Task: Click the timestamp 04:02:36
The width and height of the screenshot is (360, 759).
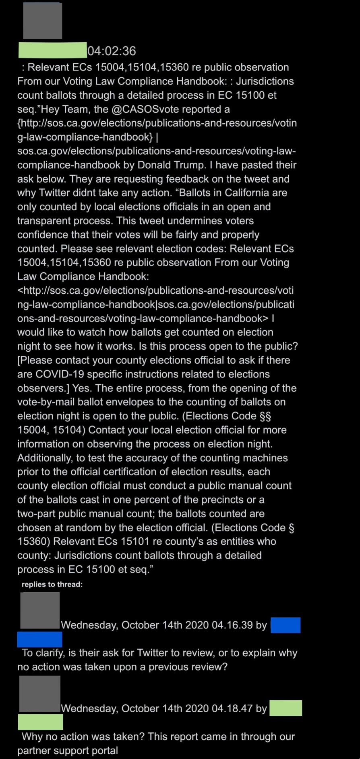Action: click(x=112, y=51)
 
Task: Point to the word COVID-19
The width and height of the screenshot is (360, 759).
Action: click(x=60, y=374)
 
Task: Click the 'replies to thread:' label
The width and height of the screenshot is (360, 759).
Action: click(x=52, y=585)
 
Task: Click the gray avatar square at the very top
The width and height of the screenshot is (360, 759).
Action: click(x=42, y=21)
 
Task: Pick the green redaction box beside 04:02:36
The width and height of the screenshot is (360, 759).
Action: click(x=52, y=50)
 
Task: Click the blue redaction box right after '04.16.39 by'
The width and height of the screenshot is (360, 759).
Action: click(x=286, y=625)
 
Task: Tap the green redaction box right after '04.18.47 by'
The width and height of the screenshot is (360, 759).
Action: click(x=286, y=708)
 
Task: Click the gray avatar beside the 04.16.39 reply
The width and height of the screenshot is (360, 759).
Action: click(x=40, y=611)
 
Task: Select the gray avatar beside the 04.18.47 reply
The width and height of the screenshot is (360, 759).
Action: click(x=40, y=694)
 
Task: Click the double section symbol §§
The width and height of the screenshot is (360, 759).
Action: click(x=265, y=416)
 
